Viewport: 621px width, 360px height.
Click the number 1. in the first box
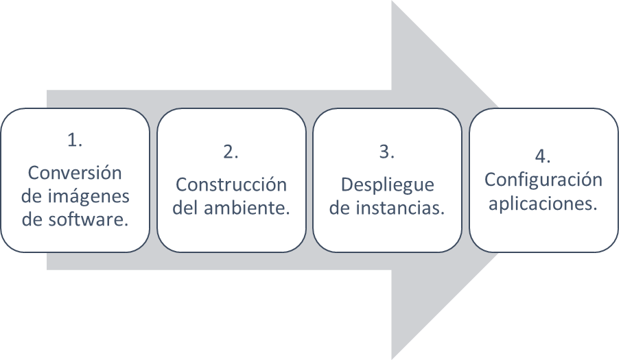pos(75,140)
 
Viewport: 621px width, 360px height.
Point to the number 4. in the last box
pos(543,155)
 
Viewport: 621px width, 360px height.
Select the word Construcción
pos(231,184)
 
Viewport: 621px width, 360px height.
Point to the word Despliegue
pos(387,184)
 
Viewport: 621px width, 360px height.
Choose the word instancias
pos(399,208)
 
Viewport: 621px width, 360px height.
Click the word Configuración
pos(543,180)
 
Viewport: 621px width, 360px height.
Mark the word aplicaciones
pos(543,204)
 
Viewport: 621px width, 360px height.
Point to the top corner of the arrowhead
pos(392,2)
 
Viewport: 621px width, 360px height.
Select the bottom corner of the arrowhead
pos(392,357)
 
